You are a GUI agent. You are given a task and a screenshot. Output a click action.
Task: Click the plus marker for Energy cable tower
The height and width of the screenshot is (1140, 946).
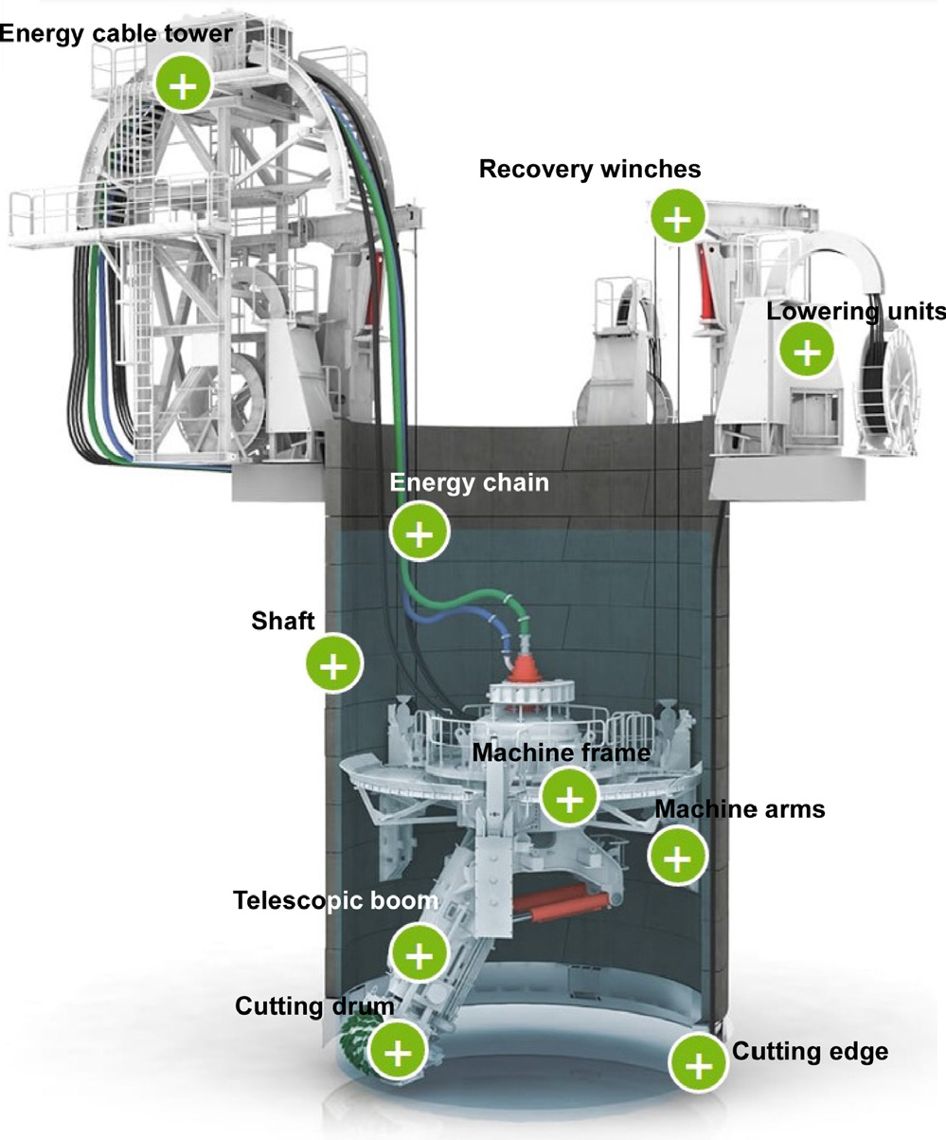pyautogui.click(x=186, y=85)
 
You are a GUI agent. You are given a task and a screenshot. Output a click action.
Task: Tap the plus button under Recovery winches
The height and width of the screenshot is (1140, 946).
pyautogui.click(x=676, y=220)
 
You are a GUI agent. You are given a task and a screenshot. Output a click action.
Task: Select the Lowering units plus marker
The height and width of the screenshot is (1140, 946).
pyautogui.click(x=807, y=351)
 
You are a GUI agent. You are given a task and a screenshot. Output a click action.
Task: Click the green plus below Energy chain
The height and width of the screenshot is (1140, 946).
pyautogui.click(x=419, y=533)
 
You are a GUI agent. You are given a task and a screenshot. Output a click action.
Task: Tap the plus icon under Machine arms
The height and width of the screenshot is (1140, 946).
pyautogui.click(x=676, y=857)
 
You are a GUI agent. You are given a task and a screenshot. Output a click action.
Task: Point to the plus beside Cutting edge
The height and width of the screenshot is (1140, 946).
pyautogui.click(x=698, y=1063)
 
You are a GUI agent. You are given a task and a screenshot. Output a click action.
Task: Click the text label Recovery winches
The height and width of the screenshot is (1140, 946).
pyautogui.click(x=590, y=170)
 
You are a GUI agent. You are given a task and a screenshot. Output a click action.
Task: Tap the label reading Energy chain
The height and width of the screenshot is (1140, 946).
pyautogui.click(x=470, y=483)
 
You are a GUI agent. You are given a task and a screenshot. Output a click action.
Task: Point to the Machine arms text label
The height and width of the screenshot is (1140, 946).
pyautogui.click(x=741, y=810)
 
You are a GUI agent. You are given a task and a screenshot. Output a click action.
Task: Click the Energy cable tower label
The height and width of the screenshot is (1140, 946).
pyautogui.click(x=116, y=33)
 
